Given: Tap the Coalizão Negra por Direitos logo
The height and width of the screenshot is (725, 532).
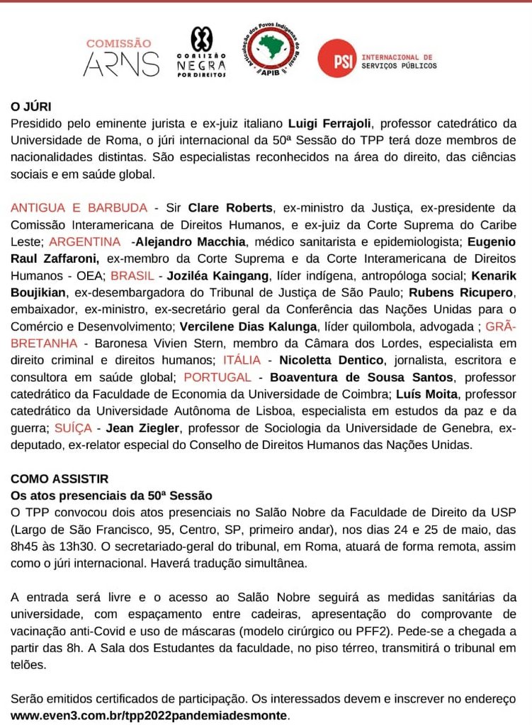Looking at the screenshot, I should click(x=201, y=52).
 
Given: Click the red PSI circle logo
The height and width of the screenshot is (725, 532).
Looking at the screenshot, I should click(x=334, y=58).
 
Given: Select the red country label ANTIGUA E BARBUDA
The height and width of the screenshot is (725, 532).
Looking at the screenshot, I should click(x=79, y=208).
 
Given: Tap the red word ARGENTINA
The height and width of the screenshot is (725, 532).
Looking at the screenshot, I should click(x=85, y=241).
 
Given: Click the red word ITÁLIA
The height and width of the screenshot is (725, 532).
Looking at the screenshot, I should click(x=242, y=360).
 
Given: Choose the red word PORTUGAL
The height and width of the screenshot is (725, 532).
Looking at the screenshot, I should click(x=217, y=377).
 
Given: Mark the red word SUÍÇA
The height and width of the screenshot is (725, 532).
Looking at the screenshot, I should click(x=68, y=428).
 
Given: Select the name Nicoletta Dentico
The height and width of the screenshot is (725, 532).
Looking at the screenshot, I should click(x=332, y=360).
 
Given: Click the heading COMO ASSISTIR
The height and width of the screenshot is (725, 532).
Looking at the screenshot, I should click(x=60, y=479).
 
